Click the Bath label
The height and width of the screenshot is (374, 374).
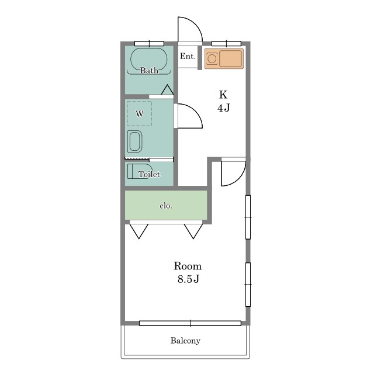click(x=149, y=70)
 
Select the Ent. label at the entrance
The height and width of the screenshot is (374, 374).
click(x=188, y=56)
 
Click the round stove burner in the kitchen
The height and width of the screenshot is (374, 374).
click(x=212, y=58)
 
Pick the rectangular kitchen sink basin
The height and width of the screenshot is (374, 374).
click(x=230, y=58)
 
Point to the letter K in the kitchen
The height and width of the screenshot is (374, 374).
click(x=223, y=95)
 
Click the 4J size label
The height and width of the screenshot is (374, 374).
click(x=223, y=108)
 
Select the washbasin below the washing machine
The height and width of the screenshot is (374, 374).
click(x=134, y=141)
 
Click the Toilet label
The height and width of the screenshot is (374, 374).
click(x=149, y=174)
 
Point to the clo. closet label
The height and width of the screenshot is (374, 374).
click(x=166, y=206)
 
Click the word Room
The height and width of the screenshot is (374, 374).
click(x=188, y=266)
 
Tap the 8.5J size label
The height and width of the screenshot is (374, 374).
click(x=188, y=279)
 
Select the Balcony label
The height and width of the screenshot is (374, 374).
click(x=185, y=341)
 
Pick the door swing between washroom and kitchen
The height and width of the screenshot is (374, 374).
click(x=196, y=112)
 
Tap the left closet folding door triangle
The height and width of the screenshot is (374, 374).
click(x=139, y=231)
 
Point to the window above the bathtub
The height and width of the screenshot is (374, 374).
click(x=150, y=44)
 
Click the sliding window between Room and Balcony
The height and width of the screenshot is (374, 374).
click(x=190, y=323)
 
